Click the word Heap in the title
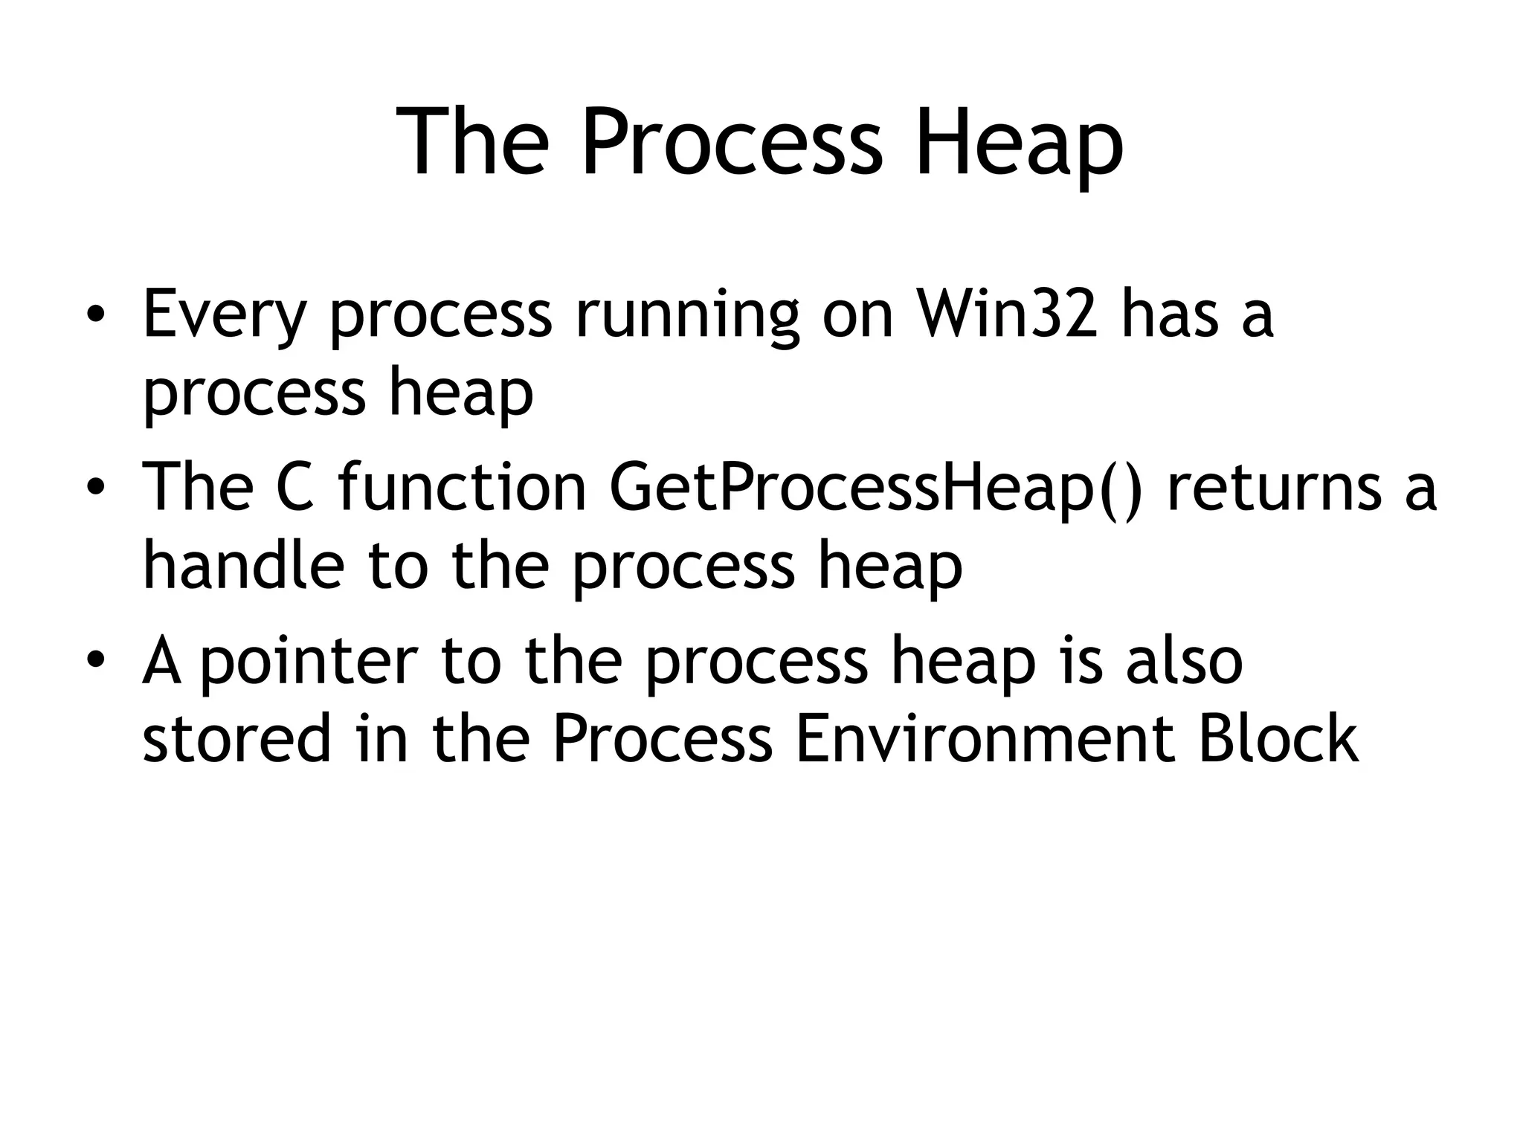pyautogui.click(x=1019, y=141)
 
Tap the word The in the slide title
pyautogui.click(x=473, y=141)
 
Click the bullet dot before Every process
pyautogui.click(x=94, y=315)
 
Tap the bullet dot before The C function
pyautogui.click(x=94, y=488)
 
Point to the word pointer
pyautogui.click(x=309, y=662)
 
